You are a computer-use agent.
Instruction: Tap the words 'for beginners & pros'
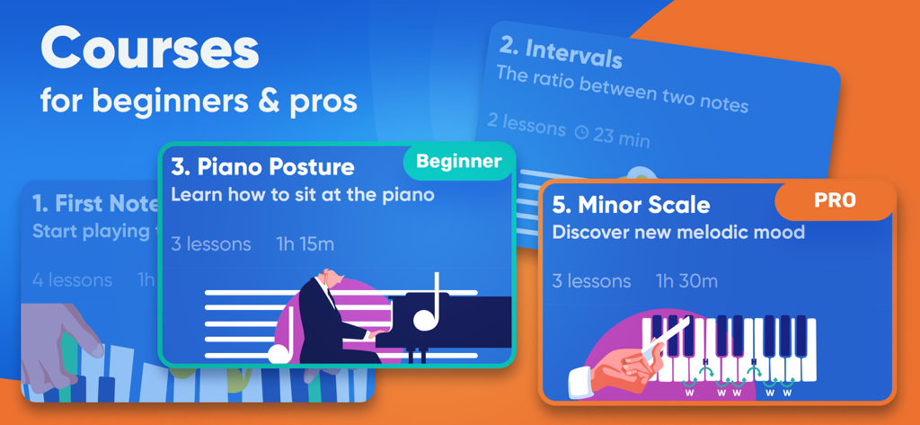coord(199,101)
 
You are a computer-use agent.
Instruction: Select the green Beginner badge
coord(458,162)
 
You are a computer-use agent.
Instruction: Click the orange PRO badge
coord(835,200)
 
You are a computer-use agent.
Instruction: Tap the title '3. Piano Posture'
coord(262,167)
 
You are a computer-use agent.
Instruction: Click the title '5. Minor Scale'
coord(631,205)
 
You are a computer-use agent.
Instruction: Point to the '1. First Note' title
coord(95,203)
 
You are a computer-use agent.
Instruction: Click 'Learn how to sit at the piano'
coord(303,194)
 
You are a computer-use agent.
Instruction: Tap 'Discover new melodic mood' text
coord(678,233)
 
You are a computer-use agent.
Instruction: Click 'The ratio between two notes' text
coord(622,90)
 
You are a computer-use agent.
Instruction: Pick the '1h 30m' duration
coord(686,281)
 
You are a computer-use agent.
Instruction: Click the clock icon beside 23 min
coord(581,132)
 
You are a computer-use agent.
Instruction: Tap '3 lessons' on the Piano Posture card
coord(211,244)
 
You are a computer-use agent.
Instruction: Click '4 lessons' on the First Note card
coord(72,279)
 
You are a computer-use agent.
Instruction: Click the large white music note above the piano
coord(428,305)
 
